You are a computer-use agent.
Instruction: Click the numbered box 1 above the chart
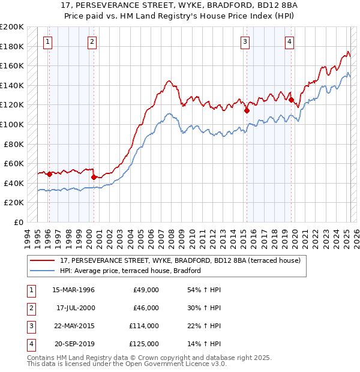[x=47, y=41]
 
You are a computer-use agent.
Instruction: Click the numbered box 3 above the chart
[x=245, y=41]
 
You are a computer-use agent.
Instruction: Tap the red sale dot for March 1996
[x=49, y=175]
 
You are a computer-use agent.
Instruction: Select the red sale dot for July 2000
[x=94, y=177]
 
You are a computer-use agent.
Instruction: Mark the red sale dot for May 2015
[x=247, y=111]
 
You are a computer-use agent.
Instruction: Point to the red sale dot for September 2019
[x=291, y=100]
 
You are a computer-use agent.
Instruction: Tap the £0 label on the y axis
[x=18, y=222]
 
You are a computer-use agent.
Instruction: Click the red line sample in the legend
[x=43, y=261]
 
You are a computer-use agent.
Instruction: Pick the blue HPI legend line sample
[x=43, y=271]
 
